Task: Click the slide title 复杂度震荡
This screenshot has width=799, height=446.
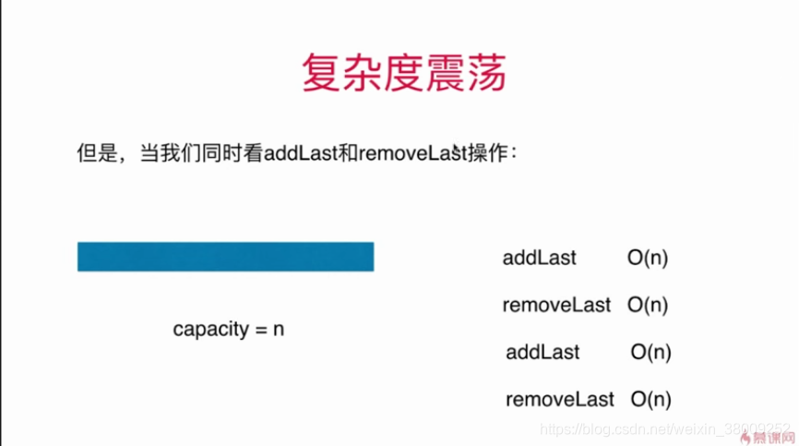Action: pyautogui.click(x=404, y=72)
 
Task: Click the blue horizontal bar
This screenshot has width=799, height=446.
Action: pyautogui.click(x=225, y=257)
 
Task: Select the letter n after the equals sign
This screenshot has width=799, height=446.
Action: pyautogui.click(x=278, y=330)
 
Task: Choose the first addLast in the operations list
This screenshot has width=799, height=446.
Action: pyautogui.click(x=540, y=259)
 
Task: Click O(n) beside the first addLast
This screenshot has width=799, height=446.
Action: pyautogui.click(x=648, y=259)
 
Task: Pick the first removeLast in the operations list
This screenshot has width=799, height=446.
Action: pyautogui.click(x=556, y=305)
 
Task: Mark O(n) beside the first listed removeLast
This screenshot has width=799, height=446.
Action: pyautogui.click(x=648, y=305)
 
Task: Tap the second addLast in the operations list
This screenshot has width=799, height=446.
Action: pyautogui.click(x=543, y=352)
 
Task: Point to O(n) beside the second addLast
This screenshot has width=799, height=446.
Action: pyautogui.click(x=651, y=352)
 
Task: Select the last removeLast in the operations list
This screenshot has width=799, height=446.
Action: pyautogui.click(x=559, y=400)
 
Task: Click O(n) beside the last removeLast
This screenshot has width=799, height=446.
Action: pyautogui.click(x=651, y=400)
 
